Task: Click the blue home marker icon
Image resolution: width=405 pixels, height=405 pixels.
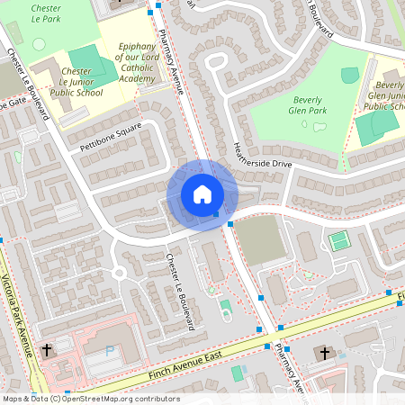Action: pyautogui.click(x=202, y=194)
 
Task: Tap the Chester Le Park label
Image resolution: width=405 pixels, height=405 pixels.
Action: pyautogui.click(x=46, y=12)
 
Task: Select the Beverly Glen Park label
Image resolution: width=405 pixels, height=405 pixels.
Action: pyautogui.click(x=309, y=105)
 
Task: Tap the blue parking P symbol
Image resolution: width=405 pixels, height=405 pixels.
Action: pyautogui.click(x=110, y=351)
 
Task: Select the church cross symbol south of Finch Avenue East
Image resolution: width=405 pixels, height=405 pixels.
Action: pyautogui.click(x=323, y=355)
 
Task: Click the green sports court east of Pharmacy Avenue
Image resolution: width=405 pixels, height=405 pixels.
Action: pyautogui.click(x=338, y=241)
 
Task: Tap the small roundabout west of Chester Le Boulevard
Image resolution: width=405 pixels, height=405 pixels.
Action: pyautogui.click(x=118, y=273)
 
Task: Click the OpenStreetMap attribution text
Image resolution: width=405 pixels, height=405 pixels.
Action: pyautogui.click(x=90, y=399)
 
